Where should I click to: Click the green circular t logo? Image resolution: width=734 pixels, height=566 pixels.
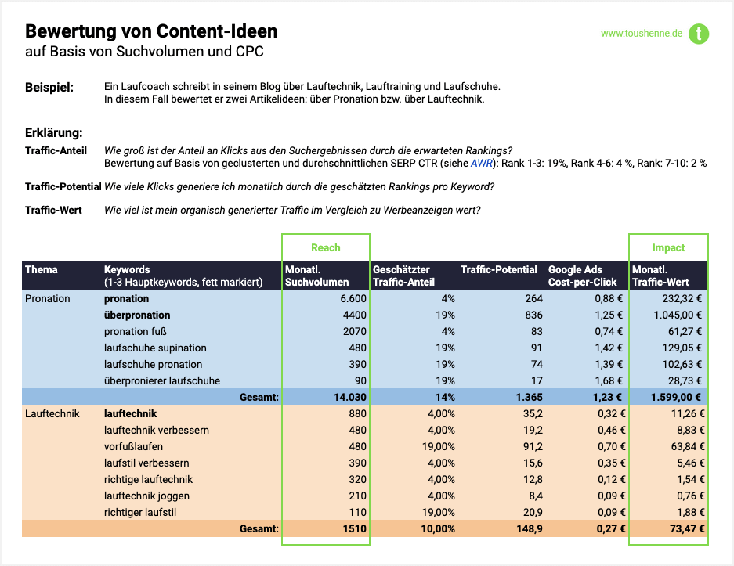pyautogui.click(x=698, y=34)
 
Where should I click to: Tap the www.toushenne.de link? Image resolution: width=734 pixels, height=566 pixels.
pyautogui.click(x=642, y=34)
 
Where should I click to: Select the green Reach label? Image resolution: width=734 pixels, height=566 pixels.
pyautogui.click(x=326, y=247)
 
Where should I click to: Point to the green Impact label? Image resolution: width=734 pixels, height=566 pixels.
pyautogui.click(x=668, y=247)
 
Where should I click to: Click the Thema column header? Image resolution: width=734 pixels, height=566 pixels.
pyautogui.click(x=42, y=270)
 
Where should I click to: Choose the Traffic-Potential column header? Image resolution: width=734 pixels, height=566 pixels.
pyautogui.click(x=499, y=270)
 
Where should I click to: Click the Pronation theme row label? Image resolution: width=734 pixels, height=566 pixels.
pyautogui.click(x=48, y=298)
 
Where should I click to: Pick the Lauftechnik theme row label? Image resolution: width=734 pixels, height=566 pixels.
pyautogui.click(x=52, y=413)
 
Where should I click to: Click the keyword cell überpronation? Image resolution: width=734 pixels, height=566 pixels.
pyautogui.click(x=137, y=315)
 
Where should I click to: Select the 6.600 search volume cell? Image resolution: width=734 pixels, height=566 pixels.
pyautogui.click(x=353, y=298)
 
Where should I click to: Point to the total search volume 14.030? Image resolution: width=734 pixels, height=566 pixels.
pyautogui.click(x=349, y=397)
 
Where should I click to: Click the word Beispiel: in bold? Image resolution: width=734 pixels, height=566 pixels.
pyautogui.click(x=49, y=87)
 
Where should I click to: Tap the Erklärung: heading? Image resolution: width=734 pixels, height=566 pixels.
pyautogui.click(x=54, y=133)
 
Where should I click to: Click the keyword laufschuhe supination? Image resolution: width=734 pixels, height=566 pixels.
pyautogui.click(x=155, y=348)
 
